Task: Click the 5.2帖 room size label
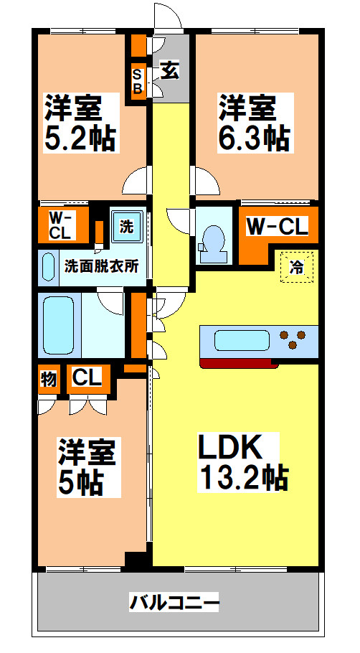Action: (80, 137)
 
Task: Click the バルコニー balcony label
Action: (174, 601)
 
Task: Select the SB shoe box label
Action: (136, 81)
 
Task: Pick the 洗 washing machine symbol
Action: (126, 227)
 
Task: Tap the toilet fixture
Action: (213, 241)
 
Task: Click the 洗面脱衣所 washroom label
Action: (101, 266)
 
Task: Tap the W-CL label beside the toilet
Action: (277, 227)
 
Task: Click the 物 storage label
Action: (48, 379)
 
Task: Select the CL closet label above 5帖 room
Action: (87, 377)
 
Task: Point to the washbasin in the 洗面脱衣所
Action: (48, 268)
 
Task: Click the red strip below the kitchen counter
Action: (240, 362)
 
